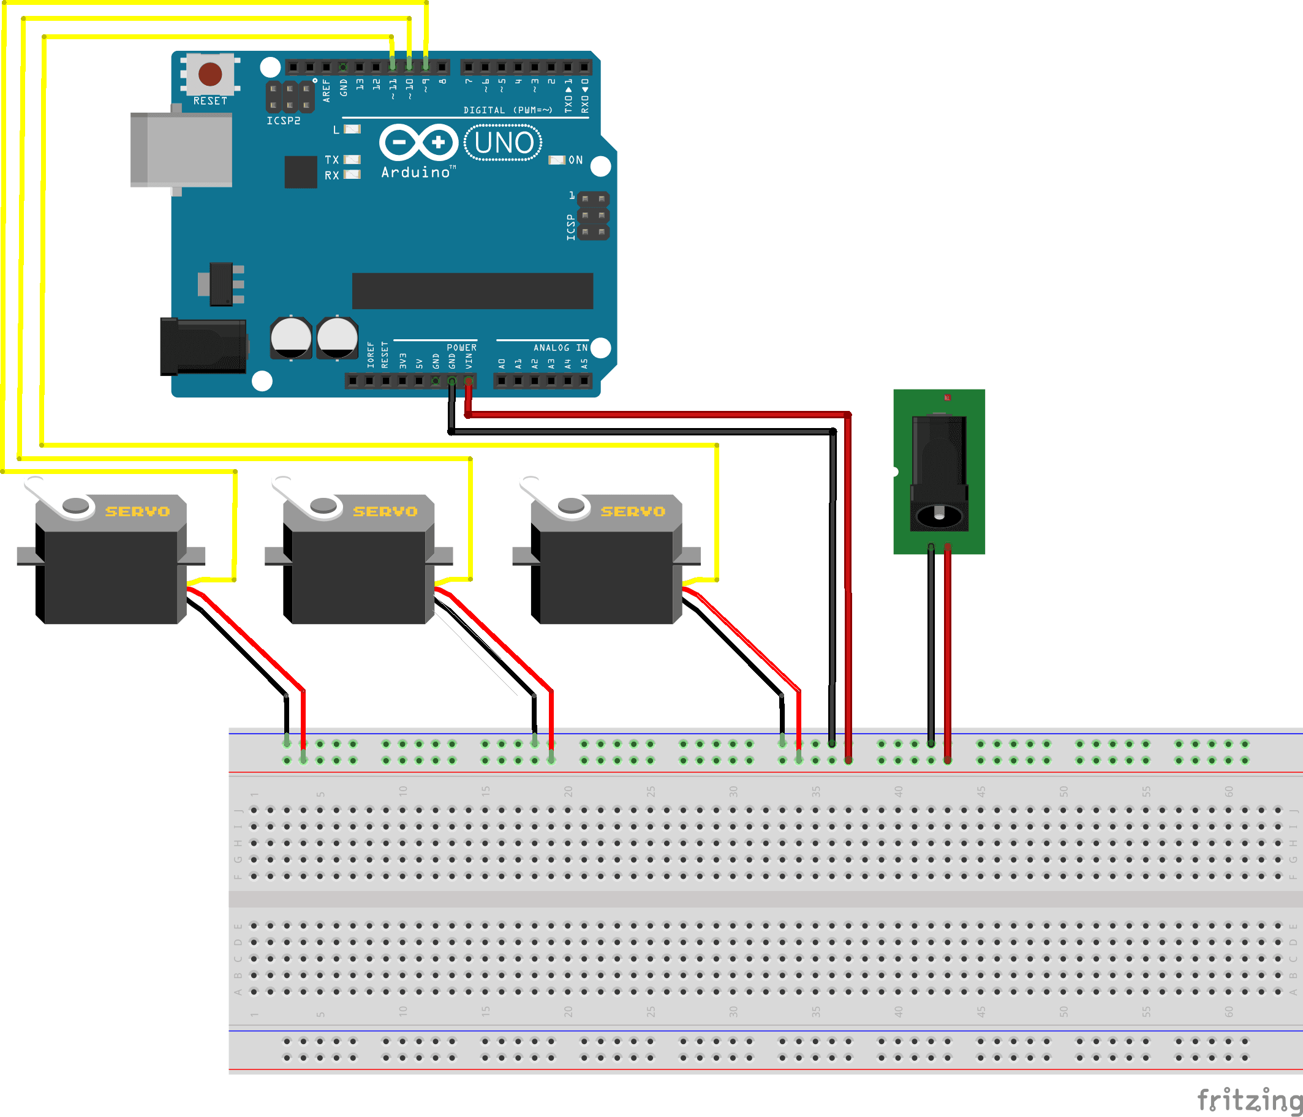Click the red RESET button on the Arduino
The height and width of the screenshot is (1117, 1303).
pos(210,74)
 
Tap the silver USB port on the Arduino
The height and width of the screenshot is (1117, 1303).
pos(181,149)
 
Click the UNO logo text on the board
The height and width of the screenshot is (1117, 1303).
pos(503,143)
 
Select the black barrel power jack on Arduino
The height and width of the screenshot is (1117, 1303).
pos(203,347)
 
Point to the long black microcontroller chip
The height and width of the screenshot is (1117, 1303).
pos(472,290)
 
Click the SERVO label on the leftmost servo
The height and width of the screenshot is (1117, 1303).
pos(137,512)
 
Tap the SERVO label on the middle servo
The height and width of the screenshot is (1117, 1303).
pos(385,512)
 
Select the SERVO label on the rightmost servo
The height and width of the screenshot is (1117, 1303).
pos(633,512)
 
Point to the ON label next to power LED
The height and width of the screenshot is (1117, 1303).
pos(575,160)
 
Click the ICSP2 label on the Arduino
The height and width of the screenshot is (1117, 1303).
pos(283,121)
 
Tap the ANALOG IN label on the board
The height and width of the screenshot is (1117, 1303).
pos(561,348)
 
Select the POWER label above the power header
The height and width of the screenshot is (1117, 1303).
pos(461,348)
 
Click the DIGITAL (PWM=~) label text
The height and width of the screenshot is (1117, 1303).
pos(507,110)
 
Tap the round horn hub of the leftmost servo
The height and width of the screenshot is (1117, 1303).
pos(76,505)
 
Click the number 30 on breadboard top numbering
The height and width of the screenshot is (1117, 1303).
pos(733,791)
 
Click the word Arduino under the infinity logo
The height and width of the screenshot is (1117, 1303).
pos(416,172)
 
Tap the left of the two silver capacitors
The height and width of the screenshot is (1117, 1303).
pos(290,337)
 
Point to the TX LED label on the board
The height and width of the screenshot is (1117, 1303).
pos(331,160)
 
